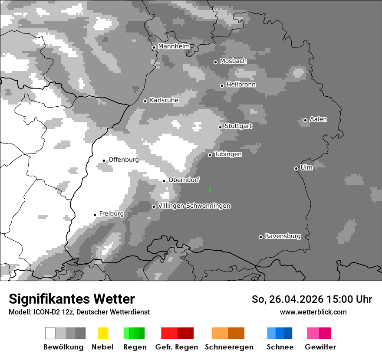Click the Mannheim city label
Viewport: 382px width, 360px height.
point(174,46)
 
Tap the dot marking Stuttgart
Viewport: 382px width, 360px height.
point(220,127)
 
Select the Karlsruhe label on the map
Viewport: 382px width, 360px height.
point(164,100)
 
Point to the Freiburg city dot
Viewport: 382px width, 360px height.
point(95,215)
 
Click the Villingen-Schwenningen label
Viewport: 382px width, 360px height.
point(194,206)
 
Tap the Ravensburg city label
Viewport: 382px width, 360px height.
point(283,236)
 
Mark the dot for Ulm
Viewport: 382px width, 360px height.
point(296,168)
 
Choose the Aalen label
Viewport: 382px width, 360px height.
point(318,119)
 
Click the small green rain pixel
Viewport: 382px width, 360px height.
point(210,190)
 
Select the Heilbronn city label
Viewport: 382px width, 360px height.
point(241,85)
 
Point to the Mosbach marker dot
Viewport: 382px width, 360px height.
point(215,62)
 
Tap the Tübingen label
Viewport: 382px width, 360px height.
point(228,154)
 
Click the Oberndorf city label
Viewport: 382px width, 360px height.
point(184,180)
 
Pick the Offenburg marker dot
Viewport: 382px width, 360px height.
point(104,160)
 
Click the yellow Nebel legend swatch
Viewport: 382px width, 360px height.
point(103,333)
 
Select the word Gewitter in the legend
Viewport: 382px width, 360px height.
point(320,347)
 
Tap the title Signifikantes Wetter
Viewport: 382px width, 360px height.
point(72,299)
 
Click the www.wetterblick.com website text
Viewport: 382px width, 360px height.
point(313,312)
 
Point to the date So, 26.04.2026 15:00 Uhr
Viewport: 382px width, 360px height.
point(312,299)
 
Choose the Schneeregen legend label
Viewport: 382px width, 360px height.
point(229,347)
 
